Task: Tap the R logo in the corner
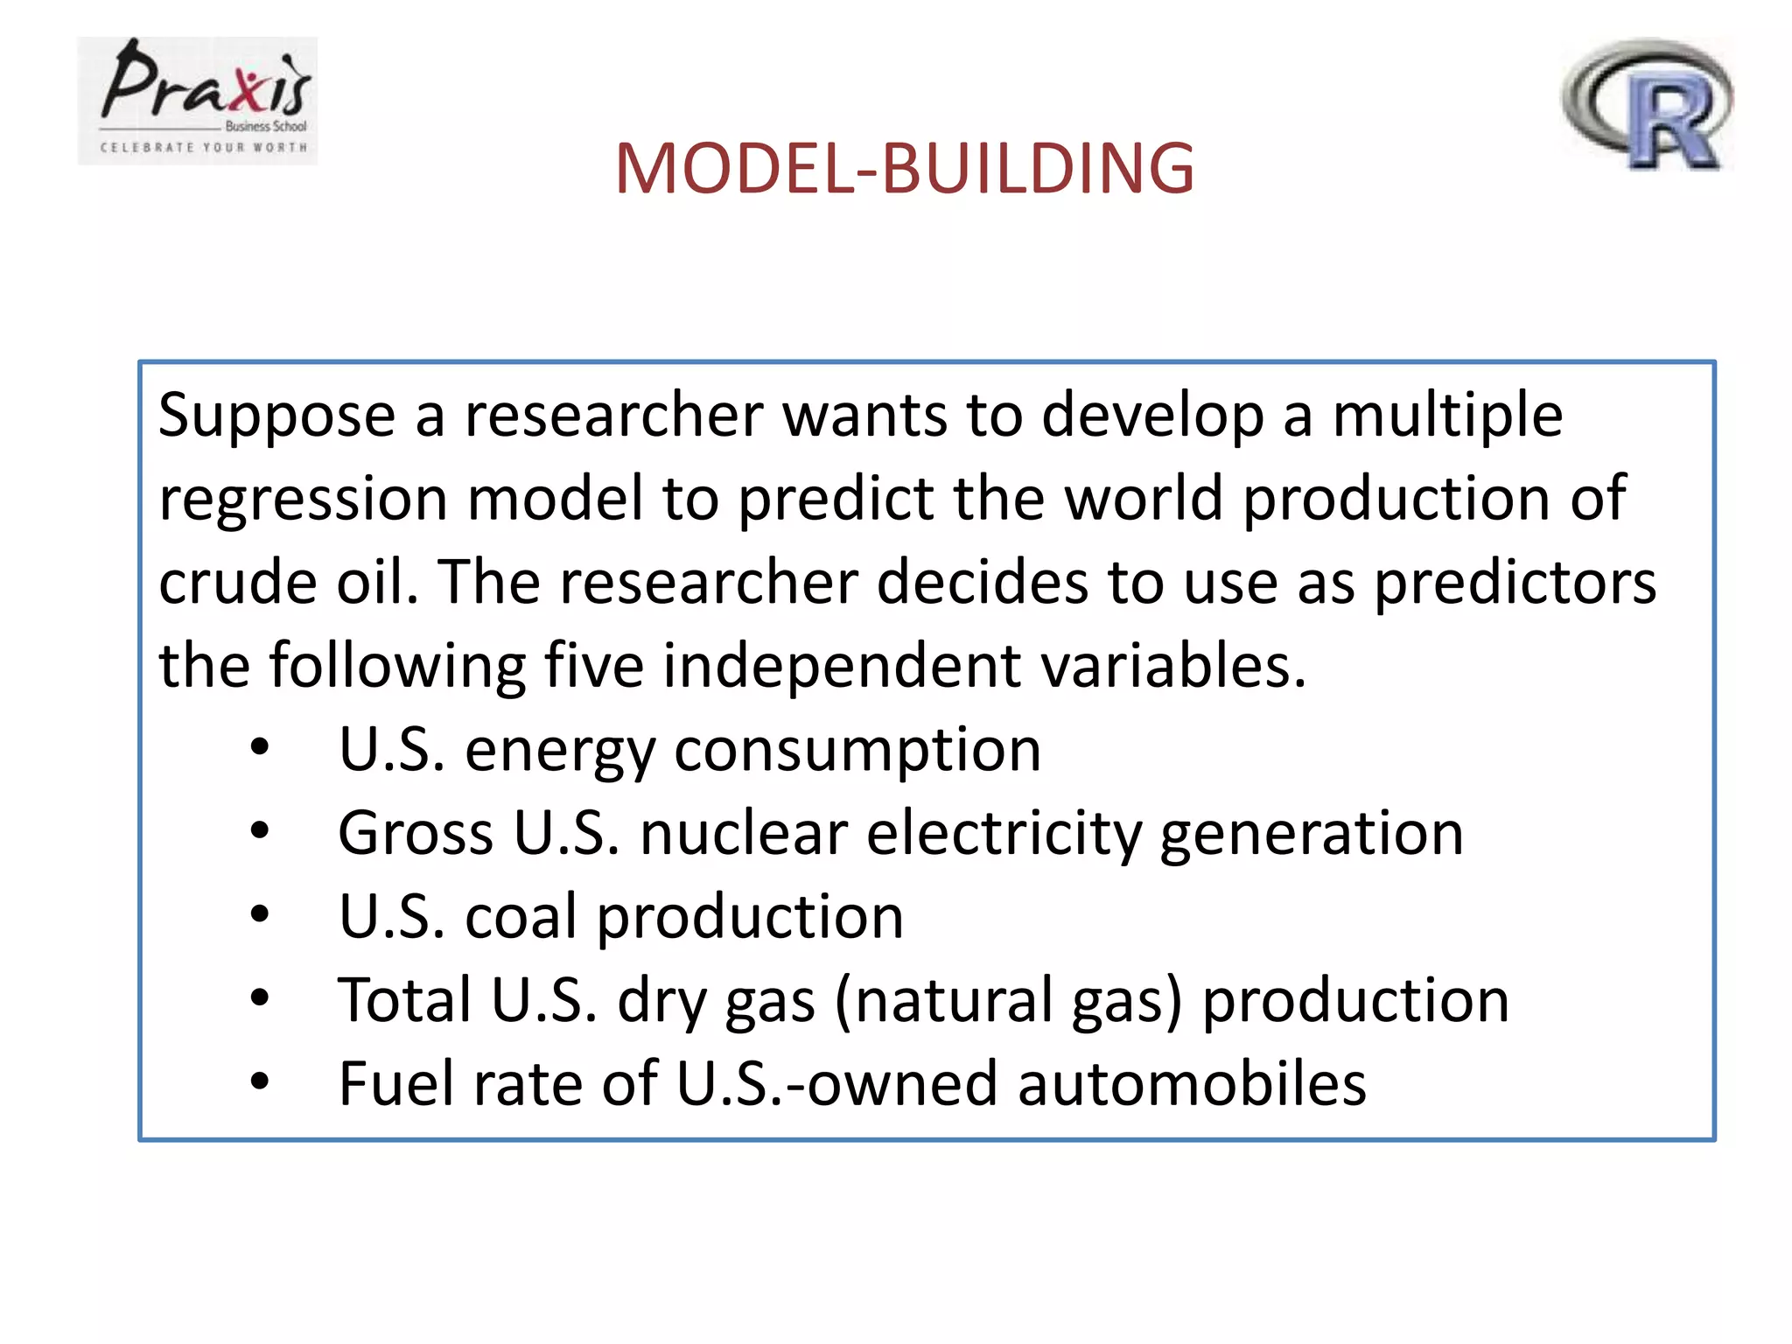click(x=1647, y=105)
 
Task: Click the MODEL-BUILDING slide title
click(x=904, y=168)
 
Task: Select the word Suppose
click(x=276, y=416)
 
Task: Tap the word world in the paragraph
click(x=1143, y=498)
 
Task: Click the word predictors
click(x=1515, y=584)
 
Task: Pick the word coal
click(x=521, y=916)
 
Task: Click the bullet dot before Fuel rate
click(x=260, y=1082)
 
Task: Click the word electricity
click(x=1004, y=834)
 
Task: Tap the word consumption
click(x=857, y=751)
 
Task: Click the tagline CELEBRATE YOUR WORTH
click(x=204, y=148)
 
